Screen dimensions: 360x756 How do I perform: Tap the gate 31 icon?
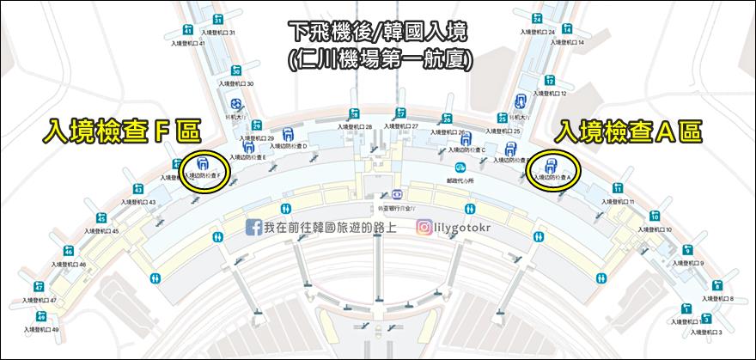218,20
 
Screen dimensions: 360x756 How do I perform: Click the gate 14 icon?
568,28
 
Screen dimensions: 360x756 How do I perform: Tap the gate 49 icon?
41,317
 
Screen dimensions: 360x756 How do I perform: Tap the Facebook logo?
254,227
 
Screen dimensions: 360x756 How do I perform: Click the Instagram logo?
424,227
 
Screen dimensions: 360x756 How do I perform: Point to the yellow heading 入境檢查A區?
630,131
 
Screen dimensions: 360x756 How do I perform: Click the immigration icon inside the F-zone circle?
204,162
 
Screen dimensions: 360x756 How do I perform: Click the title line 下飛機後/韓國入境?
378,34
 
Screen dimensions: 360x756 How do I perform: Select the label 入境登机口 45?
98,231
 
